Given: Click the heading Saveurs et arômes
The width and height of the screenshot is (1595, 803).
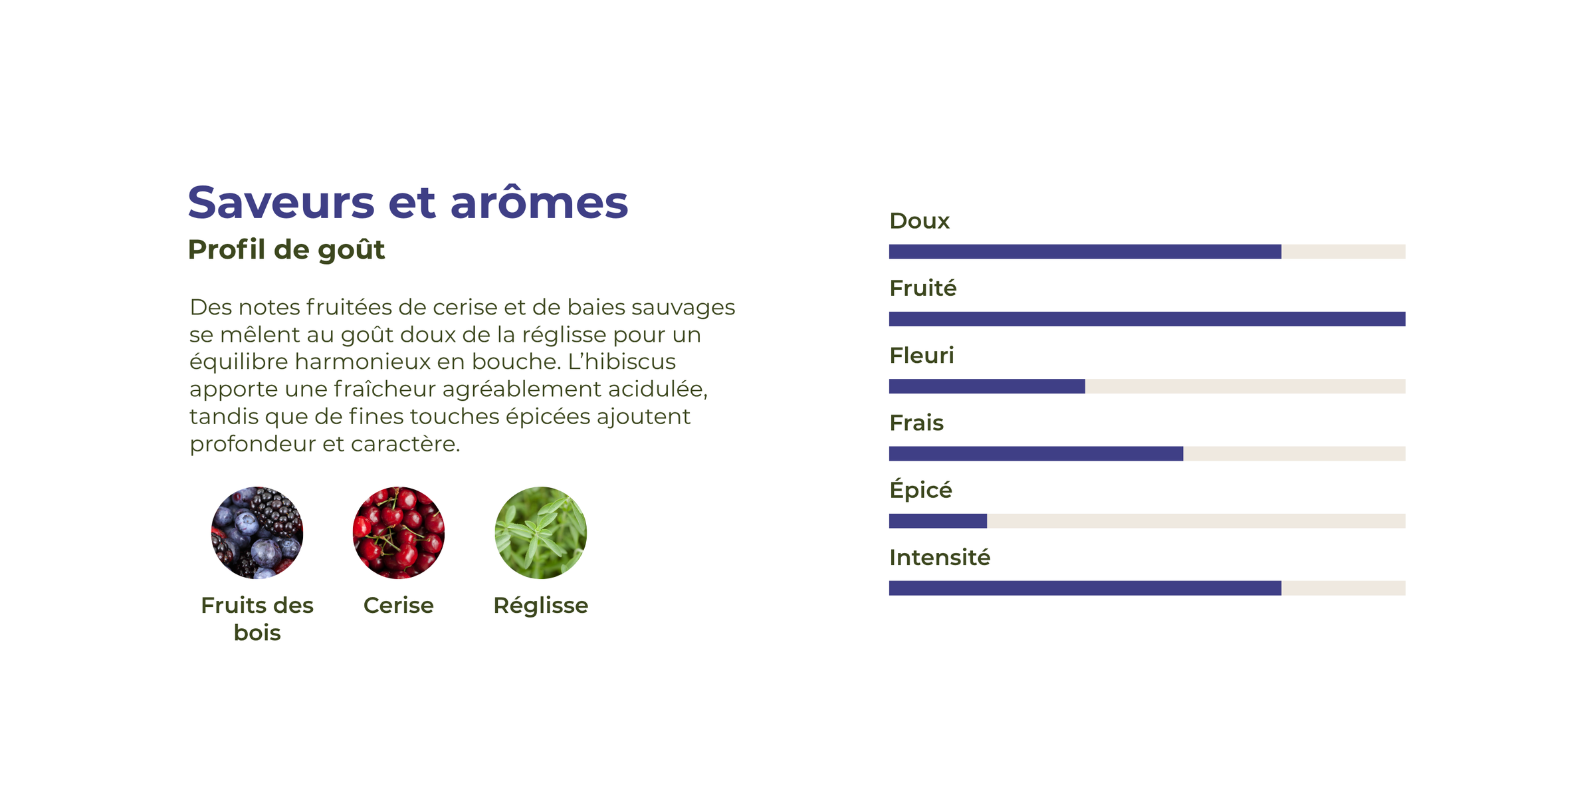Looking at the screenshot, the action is click(x=407, y=202).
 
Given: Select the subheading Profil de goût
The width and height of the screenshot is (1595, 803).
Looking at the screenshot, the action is click(x=286, y=251).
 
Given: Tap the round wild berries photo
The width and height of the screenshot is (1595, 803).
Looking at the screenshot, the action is click(x=257, y=532).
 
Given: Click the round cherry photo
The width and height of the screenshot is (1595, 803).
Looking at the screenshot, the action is click(x=399, y=532).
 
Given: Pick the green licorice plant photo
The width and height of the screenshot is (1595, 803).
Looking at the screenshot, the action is click(x=541, y=532).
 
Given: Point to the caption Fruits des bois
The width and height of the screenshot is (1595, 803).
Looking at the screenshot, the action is click(x=257, y=619).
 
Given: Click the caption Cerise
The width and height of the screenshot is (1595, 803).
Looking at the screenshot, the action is click(x=399, y=606).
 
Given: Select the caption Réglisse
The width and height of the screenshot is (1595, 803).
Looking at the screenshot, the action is click(x=541, y=606).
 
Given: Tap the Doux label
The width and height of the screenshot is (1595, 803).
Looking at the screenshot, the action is click(x=919, y=221).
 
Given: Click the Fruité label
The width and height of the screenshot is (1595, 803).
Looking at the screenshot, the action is click(x=922, y=288).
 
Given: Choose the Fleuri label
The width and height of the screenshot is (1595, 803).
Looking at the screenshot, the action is click(x=921, y=356).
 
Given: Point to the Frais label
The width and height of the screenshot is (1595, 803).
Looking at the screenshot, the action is click(x=916, y=423).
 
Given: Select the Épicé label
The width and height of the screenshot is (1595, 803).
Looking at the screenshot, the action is click(x=920, y=489).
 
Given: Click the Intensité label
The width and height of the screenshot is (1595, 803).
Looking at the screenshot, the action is click(x=940, y=557).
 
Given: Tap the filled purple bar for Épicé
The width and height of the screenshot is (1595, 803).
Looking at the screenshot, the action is click(x=938, y=521).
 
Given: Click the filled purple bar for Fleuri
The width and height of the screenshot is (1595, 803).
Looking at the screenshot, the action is click(x=987, y=386).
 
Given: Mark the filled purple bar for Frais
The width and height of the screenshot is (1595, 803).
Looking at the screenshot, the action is click(x=1036, y=453).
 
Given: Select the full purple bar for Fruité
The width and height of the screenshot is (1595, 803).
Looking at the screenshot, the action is click(x=1147, y=319).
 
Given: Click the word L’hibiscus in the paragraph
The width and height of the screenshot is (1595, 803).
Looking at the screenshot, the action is click(x=621, y=362).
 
